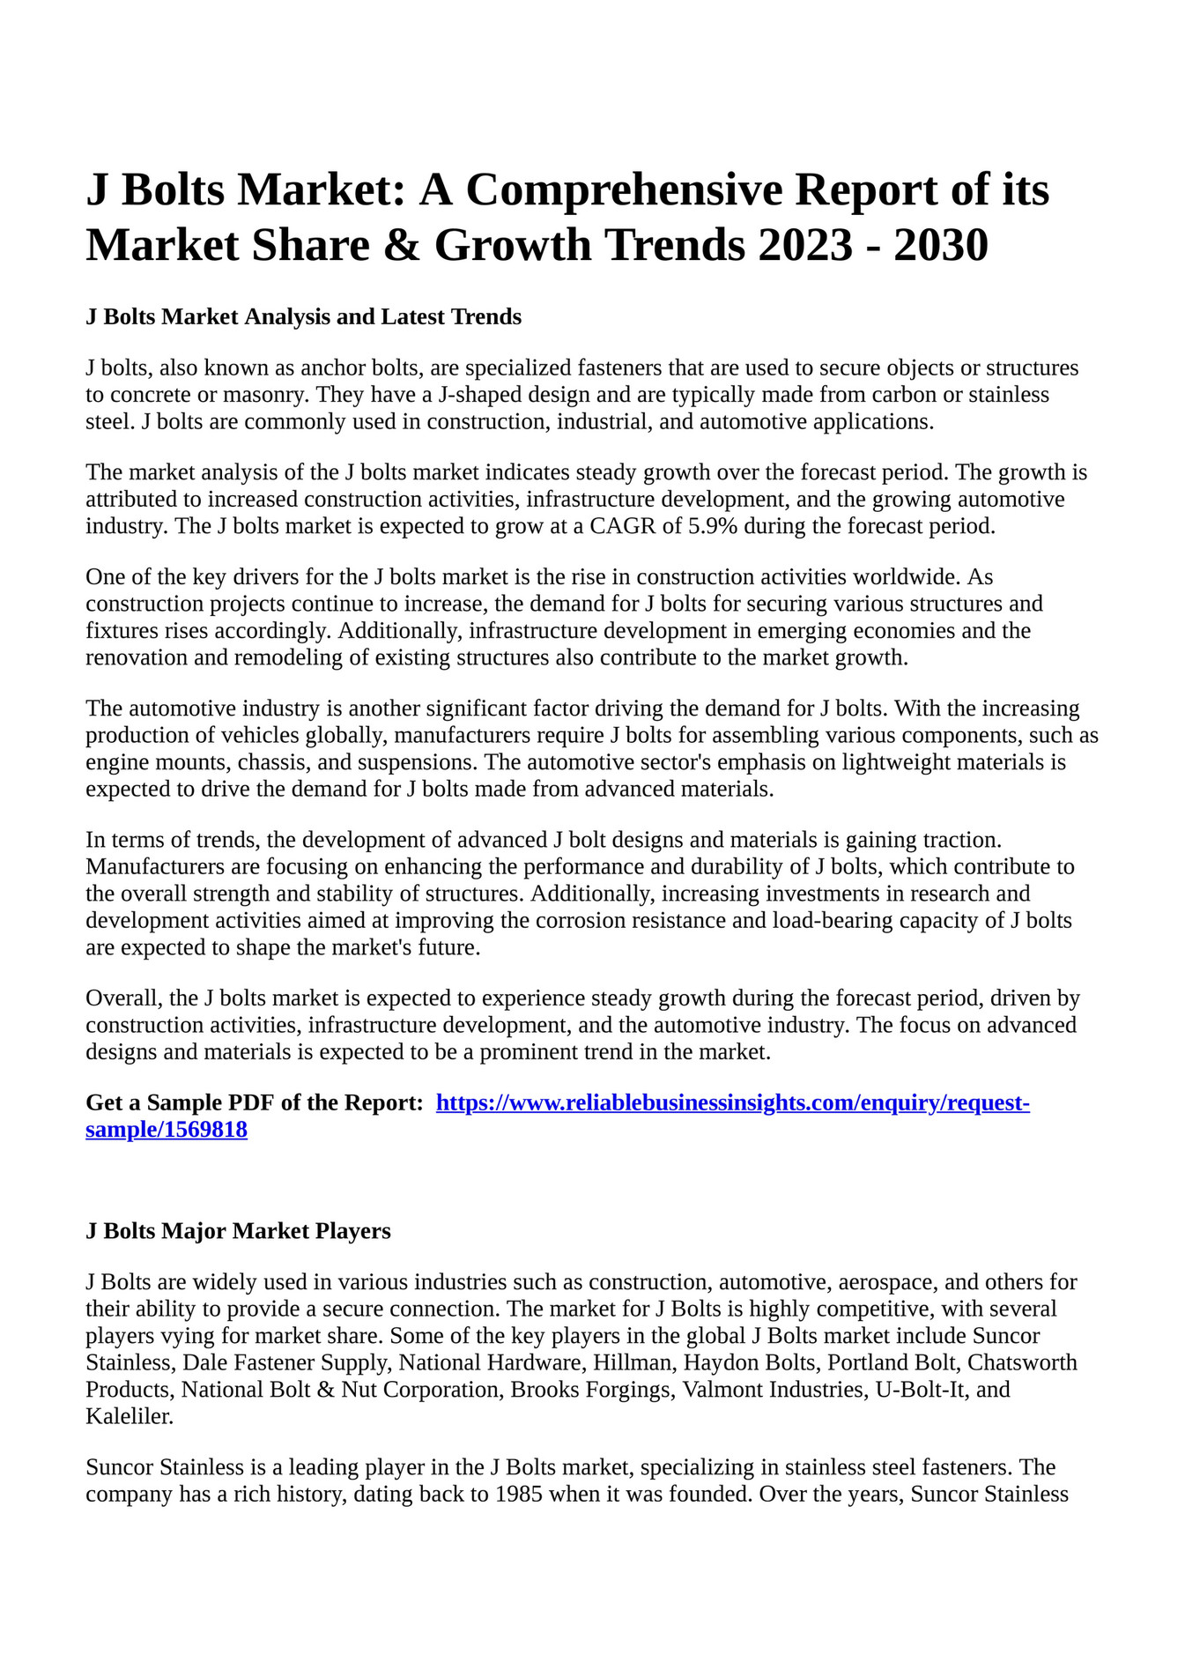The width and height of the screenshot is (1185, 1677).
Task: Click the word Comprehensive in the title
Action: pos(624,190)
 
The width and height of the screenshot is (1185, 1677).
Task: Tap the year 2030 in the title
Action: pos(941,245)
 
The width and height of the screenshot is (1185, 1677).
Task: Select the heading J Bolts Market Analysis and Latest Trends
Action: pos(303,317)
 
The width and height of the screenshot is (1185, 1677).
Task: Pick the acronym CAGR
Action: pos(623,527)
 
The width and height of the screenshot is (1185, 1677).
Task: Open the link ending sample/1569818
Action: pos(167,1131)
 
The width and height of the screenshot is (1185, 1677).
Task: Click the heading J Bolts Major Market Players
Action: pos(238,1231)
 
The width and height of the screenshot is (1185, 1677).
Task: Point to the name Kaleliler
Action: pos(130,1417)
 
